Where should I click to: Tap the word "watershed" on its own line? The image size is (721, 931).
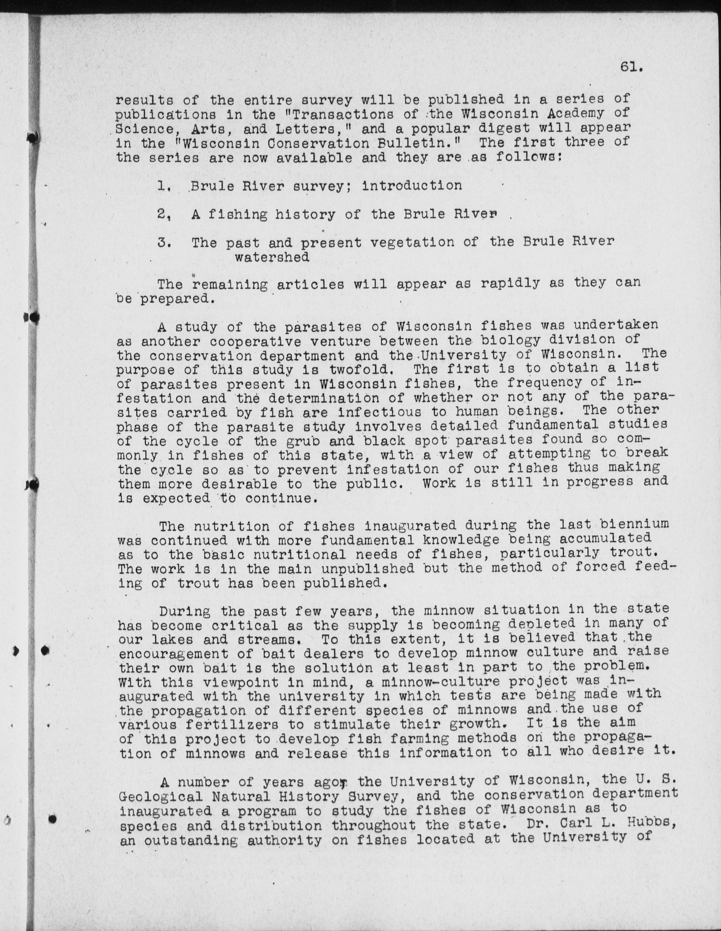pyautogui.click(x=272, y=257)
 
